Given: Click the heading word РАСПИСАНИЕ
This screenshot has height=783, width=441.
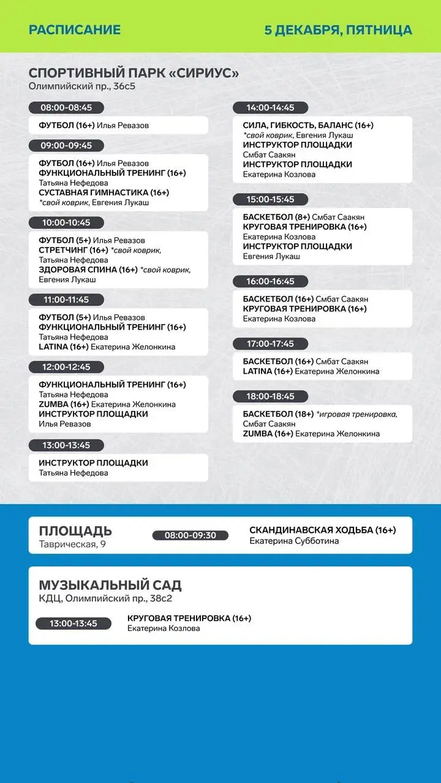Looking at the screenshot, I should (x=75, y=30).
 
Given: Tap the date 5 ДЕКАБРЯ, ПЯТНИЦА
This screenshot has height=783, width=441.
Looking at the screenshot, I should (x=338, y=30).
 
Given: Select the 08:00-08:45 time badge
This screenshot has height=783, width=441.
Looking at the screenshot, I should (x=66, y=108).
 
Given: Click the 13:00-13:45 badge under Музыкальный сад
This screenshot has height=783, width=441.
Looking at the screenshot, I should (x=73, y=623).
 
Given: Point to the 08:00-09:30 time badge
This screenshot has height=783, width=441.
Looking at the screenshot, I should (x=190, y=535).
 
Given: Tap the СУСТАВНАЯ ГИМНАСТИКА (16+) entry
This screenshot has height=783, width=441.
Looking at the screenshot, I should (x=104, y=193).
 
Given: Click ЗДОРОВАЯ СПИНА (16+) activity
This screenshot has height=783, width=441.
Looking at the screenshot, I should (x=88, y=270).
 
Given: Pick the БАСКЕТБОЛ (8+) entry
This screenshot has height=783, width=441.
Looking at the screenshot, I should (x=276, y=217).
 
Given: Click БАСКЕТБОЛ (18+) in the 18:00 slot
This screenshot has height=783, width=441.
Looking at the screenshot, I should (x=278, y=414).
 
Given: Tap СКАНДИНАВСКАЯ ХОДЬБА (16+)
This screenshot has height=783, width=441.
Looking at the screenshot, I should (x=322, y=530).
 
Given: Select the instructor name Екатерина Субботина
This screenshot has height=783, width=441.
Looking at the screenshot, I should (x=294, y=541).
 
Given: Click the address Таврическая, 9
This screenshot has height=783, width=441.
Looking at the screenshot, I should (x=72, y=544).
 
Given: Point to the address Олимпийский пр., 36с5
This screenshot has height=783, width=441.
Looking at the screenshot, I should (x=82, y=86).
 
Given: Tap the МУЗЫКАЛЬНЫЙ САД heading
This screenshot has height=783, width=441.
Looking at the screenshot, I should (x=110, y=585).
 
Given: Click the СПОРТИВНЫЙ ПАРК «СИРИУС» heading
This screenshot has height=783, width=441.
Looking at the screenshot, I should (x=134, y=73).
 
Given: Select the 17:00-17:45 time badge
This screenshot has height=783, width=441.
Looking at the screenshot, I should (x=270, y=344).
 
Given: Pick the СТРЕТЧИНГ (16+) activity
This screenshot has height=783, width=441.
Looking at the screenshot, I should (x=73, y=250).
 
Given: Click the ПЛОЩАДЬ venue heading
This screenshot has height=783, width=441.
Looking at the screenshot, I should (x=75, y=530).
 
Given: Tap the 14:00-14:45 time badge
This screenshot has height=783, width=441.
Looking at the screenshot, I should (x=270, y=108).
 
